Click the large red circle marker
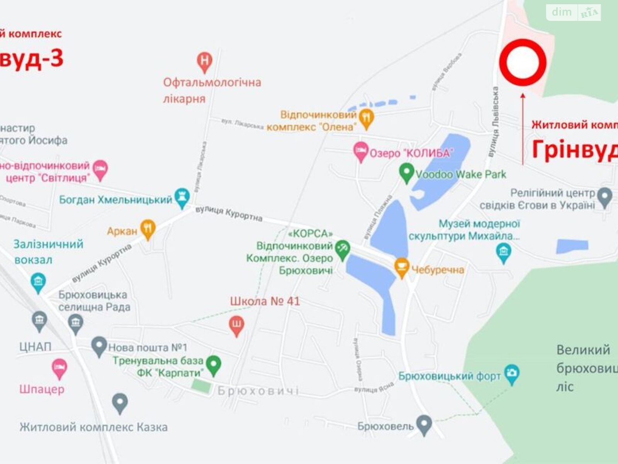point(523,62)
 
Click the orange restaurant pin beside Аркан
point(148,229)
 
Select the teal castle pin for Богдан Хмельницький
point(182,198)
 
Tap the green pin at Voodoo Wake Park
point(406,173)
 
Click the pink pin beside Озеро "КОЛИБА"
point(361,151)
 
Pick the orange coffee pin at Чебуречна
point(402,267)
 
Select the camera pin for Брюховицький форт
point(512,374)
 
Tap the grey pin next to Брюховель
point(424,424)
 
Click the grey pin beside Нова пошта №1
point(99,346)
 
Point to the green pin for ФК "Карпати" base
point(214,365)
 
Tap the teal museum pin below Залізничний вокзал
point(38,282)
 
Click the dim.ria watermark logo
point(573,12)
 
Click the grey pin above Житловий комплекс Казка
point(120,403)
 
